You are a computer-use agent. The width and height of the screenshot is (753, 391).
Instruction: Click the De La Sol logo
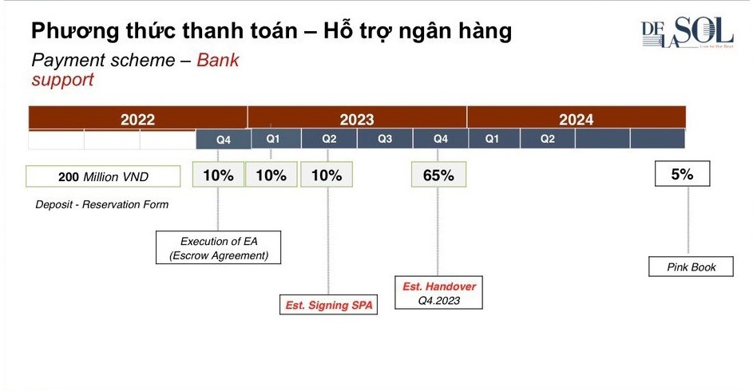687,34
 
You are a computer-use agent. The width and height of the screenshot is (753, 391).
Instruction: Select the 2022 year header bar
137,119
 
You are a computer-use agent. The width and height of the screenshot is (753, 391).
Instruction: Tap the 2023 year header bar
357,119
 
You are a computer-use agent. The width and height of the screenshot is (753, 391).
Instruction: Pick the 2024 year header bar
576,119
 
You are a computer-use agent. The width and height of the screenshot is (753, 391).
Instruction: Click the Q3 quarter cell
385,139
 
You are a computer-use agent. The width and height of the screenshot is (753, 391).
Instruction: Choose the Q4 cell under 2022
224,140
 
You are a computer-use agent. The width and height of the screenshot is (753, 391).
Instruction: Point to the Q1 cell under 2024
492,139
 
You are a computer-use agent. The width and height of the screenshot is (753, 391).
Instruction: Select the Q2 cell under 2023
329,139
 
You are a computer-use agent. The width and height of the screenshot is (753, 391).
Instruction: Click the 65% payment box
438,175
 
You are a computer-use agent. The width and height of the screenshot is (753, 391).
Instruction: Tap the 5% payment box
682,174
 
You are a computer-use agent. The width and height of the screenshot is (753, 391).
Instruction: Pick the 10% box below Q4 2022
218,175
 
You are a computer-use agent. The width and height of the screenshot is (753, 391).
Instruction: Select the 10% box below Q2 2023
327,175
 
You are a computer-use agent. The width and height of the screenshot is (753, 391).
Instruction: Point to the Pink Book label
692,267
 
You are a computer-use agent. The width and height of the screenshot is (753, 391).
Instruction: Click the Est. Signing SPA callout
329,305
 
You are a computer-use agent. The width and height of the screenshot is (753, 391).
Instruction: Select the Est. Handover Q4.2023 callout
438,294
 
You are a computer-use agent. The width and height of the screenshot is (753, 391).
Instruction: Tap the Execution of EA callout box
219,248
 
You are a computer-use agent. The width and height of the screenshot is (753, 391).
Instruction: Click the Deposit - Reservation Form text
102,204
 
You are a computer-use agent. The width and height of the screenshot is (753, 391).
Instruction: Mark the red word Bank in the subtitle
218,61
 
